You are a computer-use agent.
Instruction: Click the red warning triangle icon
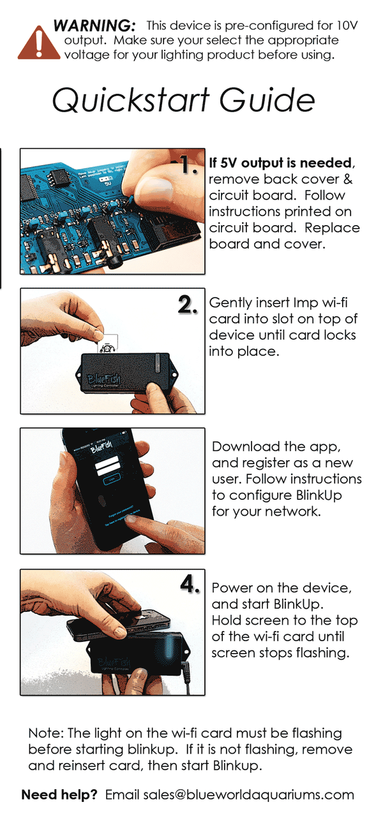[39, 43]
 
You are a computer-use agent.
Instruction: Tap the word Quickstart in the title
[131, 100]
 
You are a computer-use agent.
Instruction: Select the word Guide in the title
[267, 100]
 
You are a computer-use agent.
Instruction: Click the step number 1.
[189, 165]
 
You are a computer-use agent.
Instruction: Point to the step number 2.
[188, 305]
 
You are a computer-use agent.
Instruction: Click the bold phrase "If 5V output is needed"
[280, 163]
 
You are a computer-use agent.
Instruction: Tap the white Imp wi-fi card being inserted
[108, 343]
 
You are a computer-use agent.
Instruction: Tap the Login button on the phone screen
[112, 480]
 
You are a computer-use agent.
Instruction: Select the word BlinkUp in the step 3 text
[319, 495]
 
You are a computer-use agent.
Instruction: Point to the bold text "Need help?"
[59, 794]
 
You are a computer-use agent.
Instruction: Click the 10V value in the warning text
[347, 25]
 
